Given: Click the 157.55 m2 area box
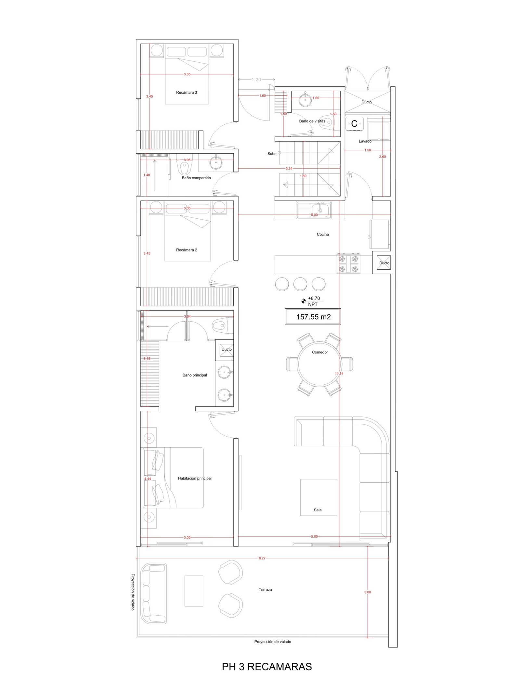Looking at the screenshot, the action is pyautogui.click(x=313, y=316).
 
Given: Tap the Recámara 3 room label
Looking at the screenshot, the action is pyautogui.click(x=187, y=92).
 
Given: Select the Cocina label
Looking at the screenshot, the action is pyautogui.click(x=323, y=234).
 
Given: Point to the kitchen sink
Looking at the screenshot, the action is pyautogui.click(x=314, y=210).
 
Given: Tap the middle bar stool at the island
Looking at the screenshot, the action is pyautogui.click(x=300, y=284).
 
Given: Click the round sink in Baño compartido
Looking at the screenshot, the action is pyautogui.click(x=215, y=163).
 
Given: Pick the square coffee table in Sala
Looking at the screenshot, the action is pyautogui.click(x=318, y=497).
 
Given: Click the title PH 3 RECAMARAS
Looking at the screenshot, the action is pyautogui.click(x=267, y=666).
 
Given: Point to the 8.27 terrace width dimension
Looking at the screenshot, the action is pyautogui.click(x=262, y=558).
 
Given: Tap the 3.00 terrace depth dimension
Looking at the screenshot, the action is pyautogui.click(x=368, y=592).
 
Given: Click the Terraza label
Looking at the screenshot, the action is pyautogui.click(x=265, y=589).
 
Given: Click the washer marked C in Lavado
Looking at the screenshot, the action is pyautogui.click(x=354, y=123).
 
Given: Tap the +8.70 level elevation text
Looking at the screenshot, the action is pyautogui.click(x=314, y=298).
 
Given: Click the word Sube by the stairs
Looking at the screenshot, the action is pyautogui.click(x=272, y=154).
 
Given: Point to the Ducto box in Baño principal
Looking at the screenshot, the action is pyautogui.click(x=227, y=350).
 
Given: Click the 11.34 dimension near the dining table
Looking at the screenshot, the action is pyautogui.click(x=339, y=374).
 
